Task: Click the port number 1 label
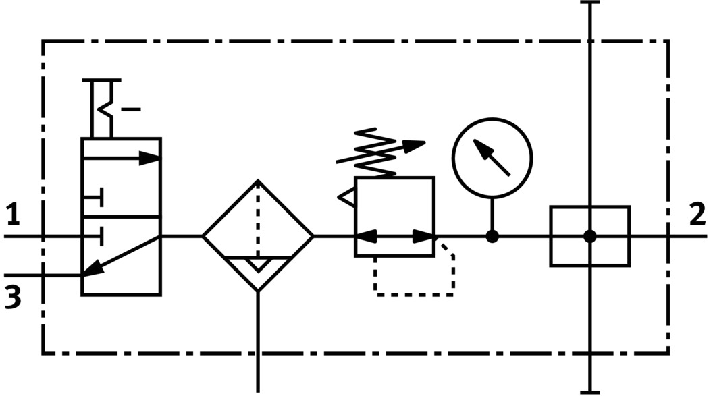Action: tap(12, 217)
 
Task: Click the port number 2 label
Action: tap(697, 216)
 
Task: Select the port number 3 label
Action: tap(12, 297)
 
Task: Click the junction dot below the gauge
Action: tap(492, 236)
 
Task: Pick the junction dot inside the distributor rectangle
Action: tap(590, 236)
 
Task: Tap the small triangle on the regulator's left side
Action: tap(346, 197)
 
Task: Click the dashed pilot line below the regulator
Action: tap(413, 294)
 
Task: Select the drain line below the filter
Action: tap(258, 344)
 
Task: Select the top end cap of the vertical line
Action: tap(590, 3)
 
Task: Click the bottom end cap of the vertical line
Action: tap(590, 391)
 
